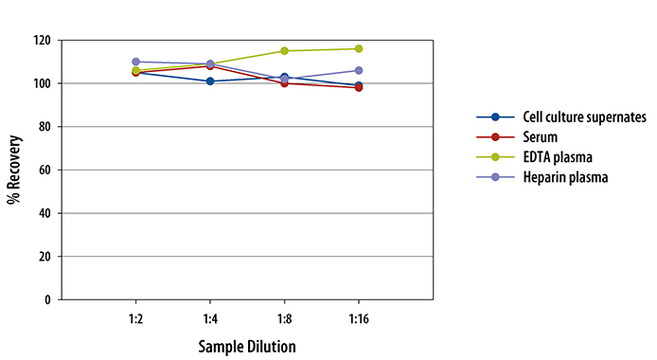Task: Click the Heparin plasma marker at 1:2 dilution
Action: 136,62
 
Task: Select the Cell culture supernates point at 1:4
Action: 210,81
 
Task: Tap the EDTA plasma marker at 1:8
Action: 284,51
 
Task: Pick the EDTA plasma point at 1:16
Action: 359,48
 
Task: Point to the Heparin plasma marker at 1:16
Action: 359,70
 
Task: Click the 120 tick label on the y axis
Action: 42,41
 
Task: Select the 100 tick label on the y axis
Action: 42,83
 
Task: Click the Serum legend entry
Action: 539,135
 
